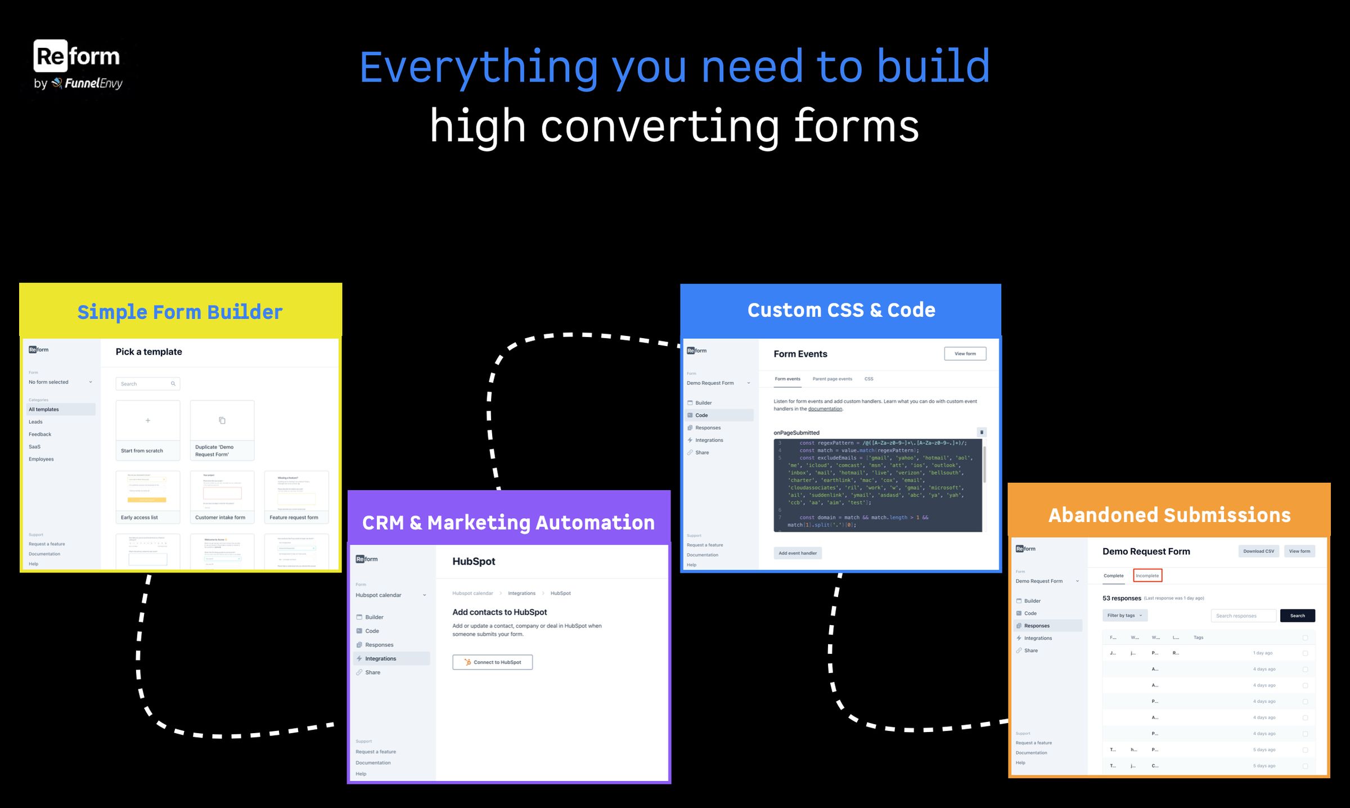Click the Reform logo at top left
(77, 56)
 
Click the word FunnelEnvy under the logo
(93, 83)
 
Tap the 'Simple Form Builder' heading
(179, 312)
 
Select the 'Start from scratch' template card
(147, 430)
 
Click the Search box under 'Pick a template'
(147, 384)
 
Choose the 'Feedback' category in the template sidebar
(40, 434)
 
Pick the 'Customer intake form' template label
(220, 517)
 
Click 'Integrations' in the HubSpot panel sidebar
(380, 658)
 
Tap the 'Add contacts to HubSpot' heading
(499, 612)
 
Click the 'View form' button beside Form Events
(965, 354)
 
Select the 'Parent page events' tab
(832, 379)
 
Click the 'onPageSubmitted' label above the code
(796, 433)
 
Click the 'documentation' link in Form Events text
(825, 409)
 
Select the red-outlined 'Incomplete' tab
(1147, 576)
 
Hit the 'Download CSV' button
(1258, 551)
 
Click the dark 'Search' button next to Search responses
(1297, 616)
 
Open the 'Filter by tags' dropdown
(1124, 616)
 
